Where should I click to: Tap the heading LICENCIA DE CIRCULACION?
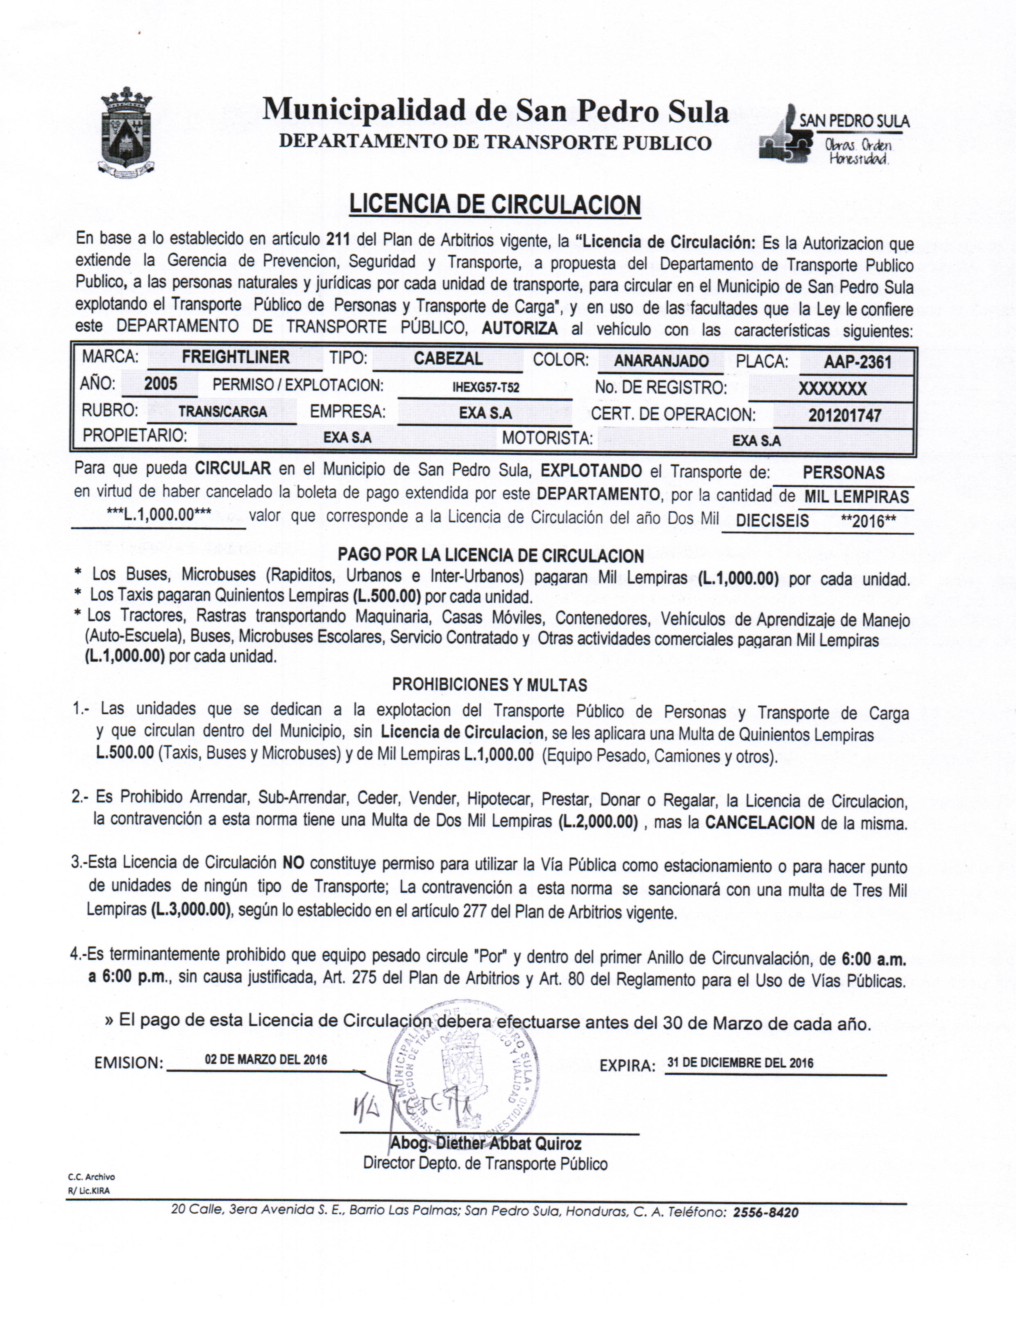coord(495,205)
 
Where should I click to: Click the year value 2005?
coord(160,384)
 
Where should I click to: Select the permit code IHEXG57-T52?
coord(485,387)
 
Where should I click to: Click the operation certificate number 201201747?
coord(844,415)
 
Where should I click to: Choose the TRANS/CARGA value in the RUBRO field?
coord(222,412)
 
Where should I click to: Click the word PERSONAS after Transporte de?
coord(843,472)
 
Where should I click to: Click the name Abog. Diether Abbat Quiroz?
coord(485,1143)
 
